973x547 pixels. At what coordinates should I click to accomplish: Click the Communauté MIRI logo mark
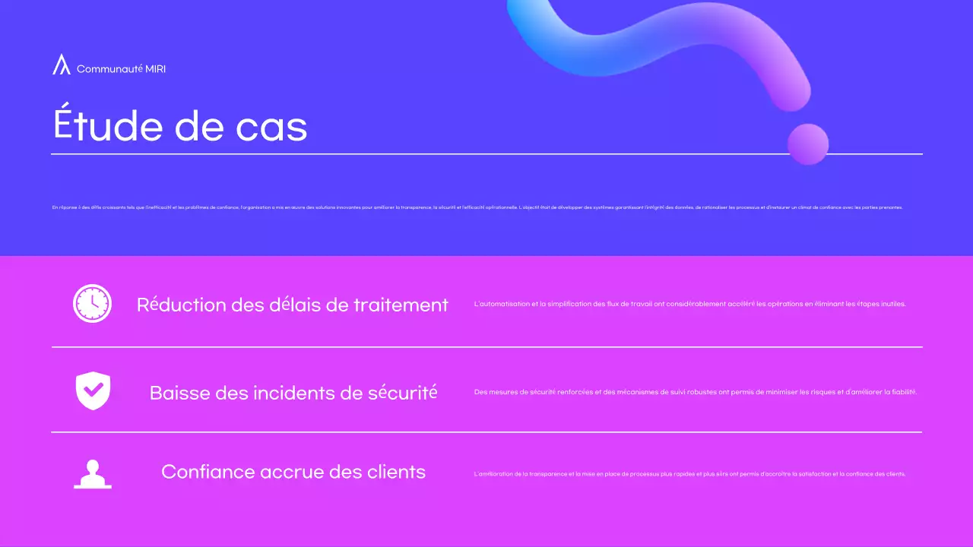pyautogui.click(x=61, y=65)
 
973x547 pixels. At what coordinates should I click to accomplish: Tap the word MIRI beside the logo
pyautogui.click(x=155, y=69)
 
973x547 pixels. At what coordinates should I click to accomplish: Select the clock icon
pyautogui.click(x=92, y=304)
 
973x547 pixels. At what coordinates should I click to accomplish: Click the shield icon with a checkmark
pyautogui.click(x=93, y=391)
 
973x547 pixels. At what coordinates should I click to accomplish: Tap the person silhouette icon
pyautogui.click(x=93, y=473)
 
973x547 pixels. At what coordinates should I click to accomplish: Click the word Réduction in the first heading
pyautogui.click(x=182, y=305)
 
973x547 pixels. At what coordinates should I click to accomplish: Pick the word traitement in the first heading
pyautogui.click(x=401, y=305)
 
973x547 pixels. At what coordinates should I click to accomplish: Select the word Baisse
pyautogui.click(x=179, y=393)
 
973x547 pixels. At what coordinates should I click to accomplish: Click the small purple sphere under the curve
pyautogui.click(x=807, y=143)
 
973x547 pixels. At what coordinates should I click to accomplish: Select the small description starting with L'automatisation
pyautogui.click(x=689, y=305)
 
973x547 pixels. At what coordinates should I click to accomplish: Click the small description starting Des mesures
pyautogui.click(x=695, y=393)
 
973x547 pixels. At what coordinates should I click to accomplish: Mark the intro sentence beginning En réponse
pyautogui.click(x=477, y=207)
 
